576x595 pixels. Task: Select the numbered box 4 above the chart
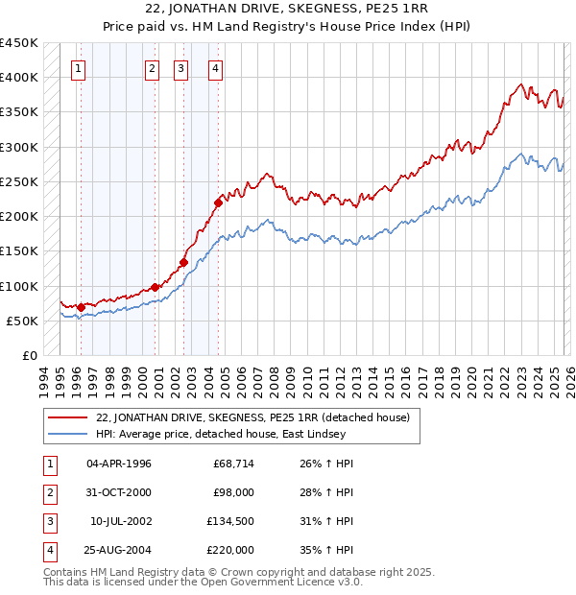pyautogui.click(x=217, y=68)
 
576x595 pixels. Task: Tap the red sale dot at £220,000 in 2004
pyautogui.click(x=219, y=202)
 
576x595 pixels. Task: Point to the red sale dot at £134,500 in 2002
pyautogui.click(x=183, y=261)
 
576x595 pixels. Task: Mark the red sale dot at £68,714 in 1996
pyautogui.click(x=81, y=307)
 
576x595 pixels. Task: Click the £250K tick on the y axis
pyautogui.click(x=19, y=181)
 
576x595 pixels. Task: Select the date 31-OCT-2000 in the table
pyautogui.click(x=118, y=492)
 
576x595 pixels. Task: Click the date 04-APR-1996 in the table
pyautogui.click(x=118, y=464)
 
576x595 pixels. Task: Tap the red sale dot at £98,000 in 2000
pyautogui.click(x=155, y=287)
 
